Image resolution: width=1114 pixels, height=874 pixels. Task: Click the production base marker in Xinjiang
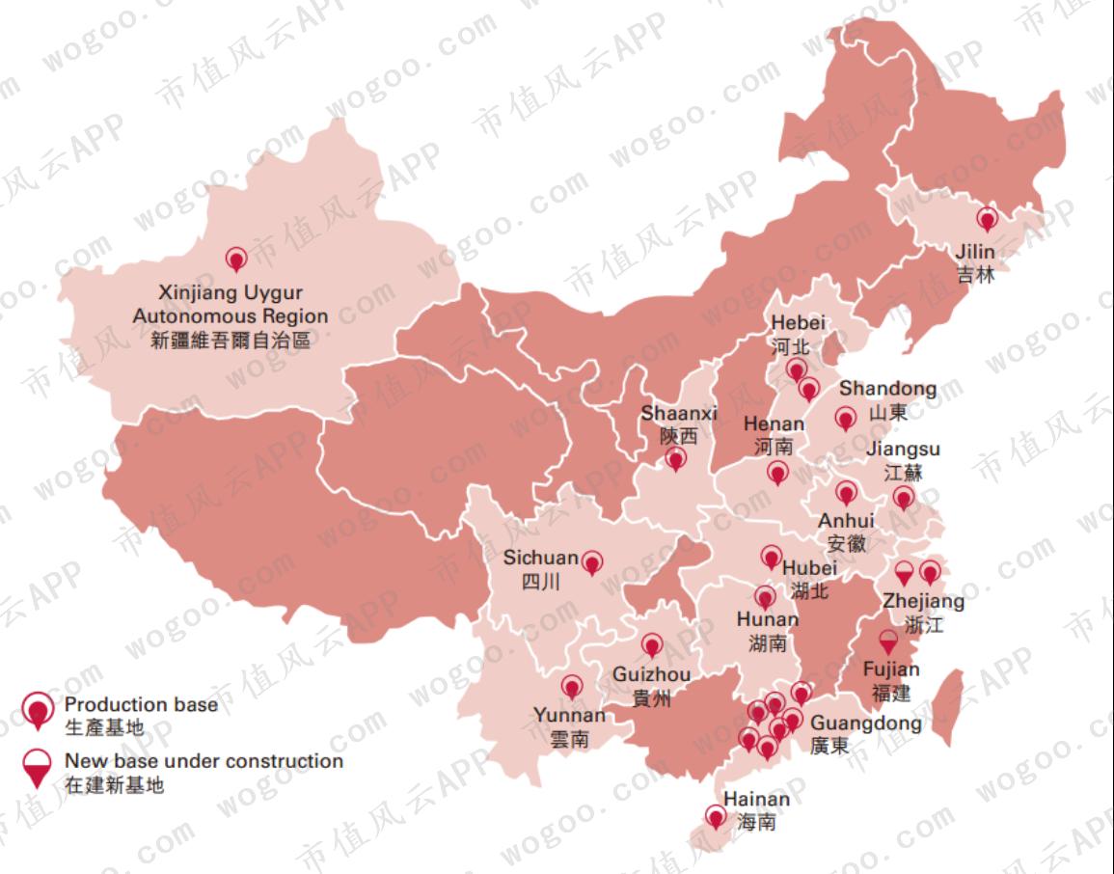235,259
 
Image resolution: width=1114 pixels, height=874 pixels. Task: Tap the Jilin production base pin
986,220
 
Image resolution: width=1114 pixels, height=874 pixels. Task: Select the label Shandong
887,389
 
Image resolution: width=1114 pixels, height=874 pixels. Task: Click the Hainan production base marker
715,817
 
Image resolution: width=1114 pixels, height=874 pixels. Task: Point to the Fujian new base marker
888,642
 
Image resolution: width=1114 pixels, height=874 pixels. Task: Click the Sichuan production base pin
592,560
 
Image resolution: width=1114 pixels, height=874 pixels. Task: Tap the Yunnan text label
569,715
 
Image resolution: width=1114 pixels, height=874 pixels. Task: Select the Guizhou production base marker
652,644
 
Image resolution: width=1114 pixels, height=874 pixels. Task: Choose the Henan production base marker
777,473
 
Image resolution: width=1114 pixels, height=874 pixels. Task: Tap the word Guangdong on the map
866,724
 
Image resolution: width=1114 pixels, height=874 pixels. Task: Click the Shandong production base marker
846,419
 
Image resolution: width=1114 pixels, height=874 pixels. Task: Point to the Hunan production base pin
765,597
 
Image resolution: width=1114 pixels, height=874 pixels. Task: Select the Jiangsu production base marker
903,498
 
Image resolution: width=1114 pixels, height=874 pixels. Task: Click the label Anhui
847,521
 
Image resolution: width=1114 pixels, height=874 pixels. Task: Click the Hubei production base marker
771,557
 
